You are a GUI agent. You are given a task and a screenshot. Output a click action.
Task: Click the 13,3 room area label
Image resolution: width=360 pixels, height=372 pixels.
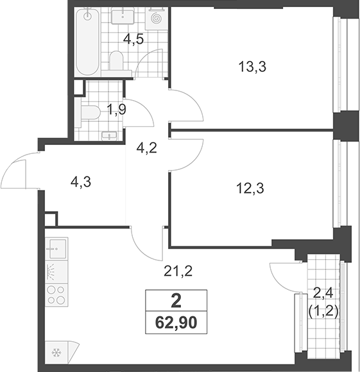(252, 67)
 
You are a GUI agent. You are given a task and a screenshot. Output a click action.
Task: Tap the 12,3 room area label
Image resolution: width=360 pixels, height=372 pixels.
(250, 189)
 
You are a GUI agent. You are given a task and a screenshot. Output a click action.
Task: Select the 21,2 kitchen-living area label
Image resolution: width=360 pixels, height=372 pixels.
(178, 271)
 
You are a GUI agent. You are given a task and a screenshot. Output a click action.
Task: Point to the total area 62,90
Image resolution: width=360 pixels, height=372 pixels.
(176, 323)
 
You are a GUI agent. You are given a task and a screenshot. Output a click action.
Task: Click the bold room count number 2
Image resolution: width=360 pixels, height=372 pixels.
(176, 301)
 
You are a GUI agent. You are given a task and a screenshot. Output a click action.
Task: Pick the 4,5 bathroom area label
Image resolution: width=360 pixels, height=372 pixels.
(134, 39)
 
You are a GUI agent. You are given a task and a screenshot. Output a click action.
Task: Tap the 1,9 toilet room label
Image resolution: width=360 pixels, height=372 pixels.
(116, 110)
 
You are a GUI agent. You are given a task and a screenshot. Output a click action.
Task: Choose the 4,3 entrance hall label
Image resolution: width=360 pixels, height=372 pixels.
(81, 183)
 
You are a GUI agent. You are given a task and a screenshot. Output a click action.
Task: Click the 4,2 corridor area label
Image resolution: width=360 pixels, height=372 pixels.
(147, 149)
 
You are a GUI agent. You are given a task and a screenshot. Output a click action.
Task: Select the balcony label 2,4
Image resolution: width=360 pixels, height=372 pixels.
(323, 294)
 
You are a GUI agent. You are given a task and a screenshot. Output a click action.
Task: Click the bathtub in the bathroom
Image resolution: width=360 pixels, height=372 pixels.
(87, 42)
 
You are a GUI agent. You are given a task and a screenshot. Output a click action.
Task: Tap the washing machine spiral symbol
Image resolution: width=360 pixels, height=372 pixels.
(157, 18)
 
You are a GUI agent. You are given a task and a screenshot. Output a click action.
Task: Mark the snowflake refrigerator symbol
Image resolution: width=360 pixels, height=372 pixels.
(56, 353)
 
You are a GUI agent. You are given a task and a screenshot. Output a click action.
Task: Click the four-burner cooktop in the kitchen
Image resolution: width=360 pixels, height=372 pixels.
(56, 295)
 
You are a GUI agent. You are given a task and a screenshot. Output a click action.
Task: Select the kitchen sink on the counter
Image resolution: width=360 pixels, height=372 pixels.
(56, 248)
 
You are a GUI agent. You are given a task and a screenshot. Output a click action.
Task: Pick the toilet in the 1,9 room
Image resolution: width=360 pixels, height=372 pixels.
(90, 112)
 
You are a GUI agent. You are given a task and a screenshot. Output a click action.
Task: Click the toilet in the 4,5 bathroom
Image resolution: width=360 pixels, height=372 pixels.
(117, 61)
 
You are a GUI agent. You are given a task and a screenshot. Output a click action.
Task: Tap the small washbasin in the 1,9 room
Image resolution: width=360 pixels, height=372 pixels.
(109, 136)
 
